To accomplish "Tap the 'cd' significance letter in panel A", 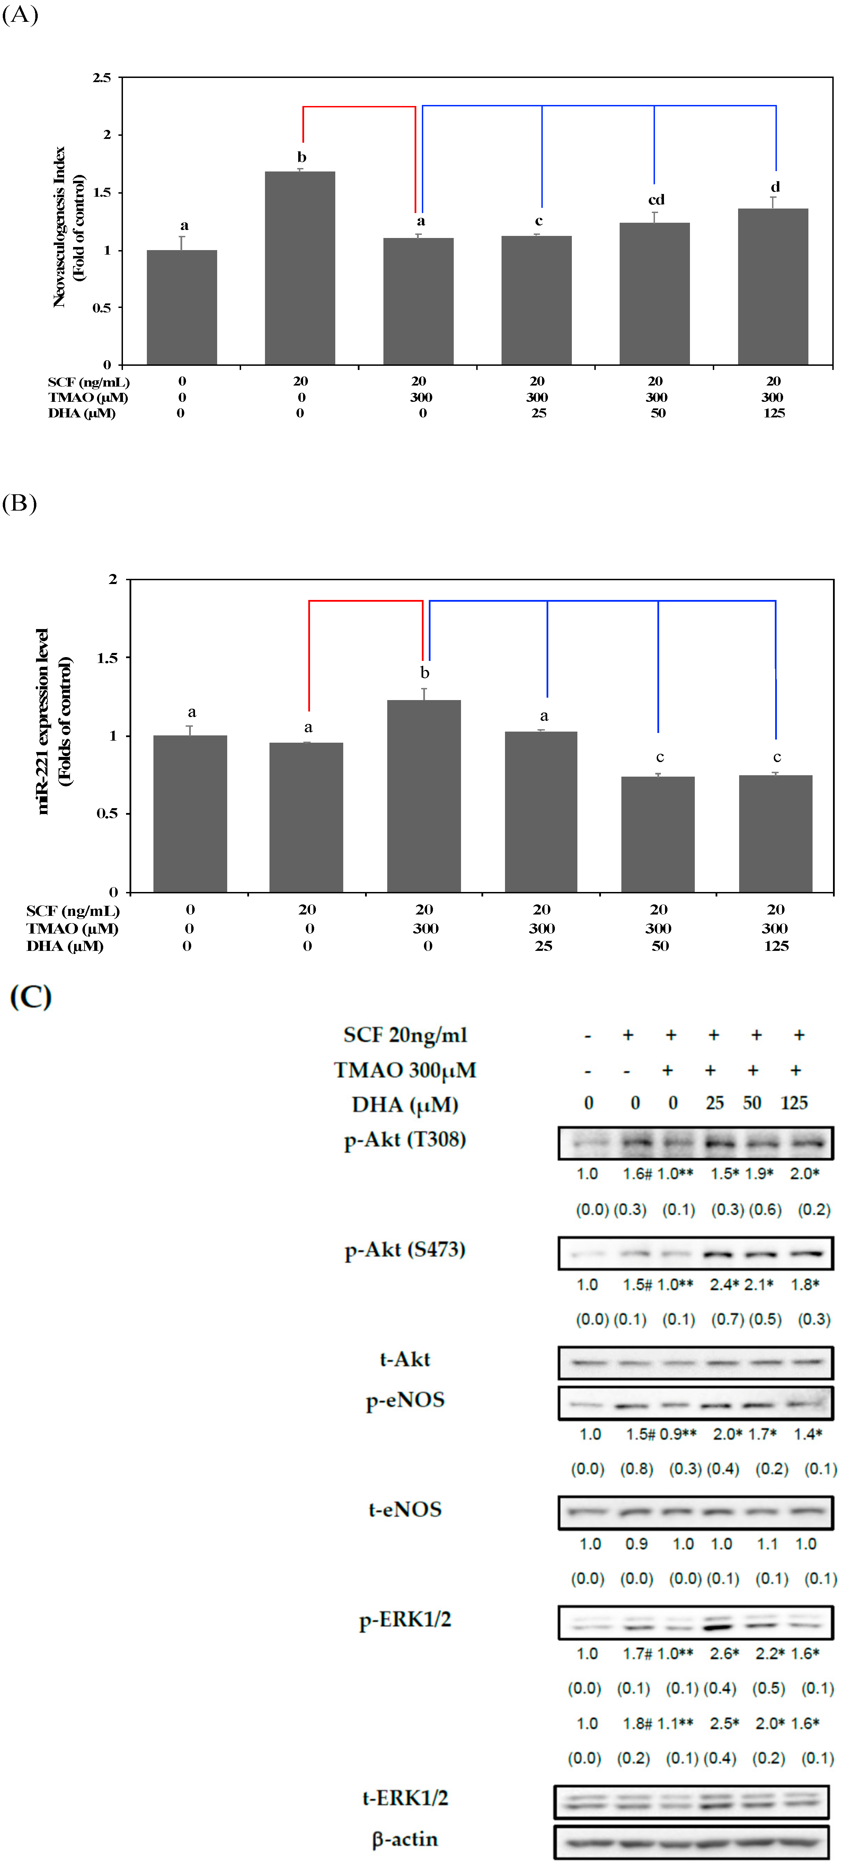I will coord(656,200).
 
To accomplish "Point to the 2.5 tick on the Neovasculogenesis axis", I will coord(102,78).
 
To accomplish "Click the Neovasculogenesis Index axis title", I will coord(69,227).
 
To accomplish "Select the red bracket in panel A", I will coord(358,107).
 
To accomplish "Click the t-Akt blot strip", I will coord(695,1362).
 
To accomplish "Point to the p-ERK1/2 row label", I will coord(405,1619).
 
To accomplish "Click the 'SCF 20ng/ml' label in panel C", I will coord(405,1035).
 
